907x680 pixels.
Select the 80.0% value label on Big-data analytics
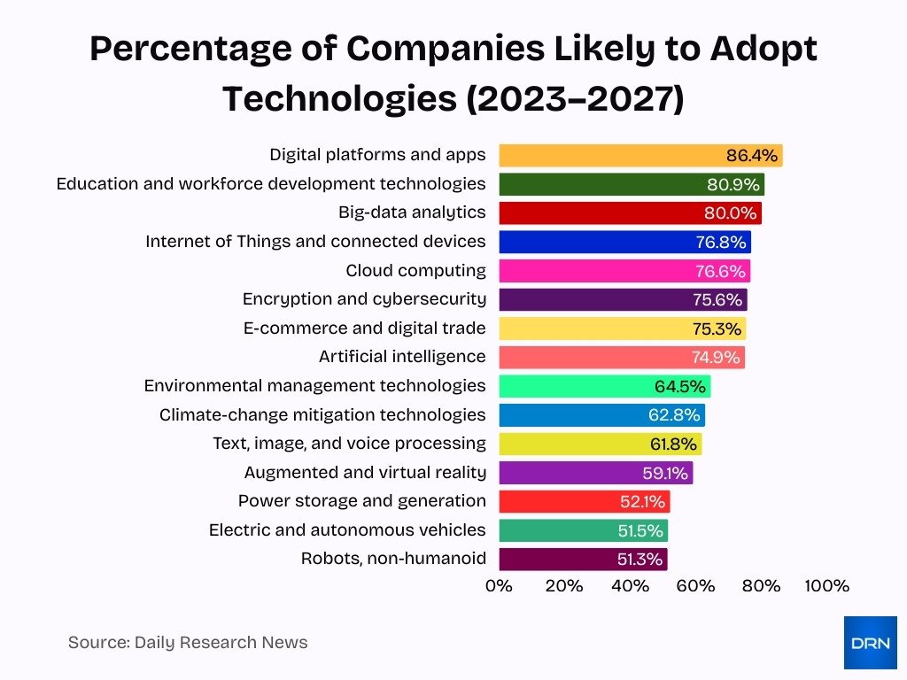click(731, 213)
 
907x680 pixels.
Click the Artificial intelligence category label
click(402, 357)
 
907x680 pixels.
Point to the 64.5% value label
click(680, 386)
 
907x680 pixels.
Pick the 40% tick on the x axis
click(630, 586)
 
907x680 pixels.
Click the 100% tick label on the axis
click(826, 586)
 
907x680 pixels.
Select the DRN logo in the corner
click(870, 643)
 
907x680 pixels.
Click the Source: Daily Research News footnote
click(188, 643)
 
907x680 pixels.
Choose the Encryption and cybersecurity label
click(364, 299)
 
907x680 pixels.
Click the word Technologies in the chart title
click(339, 99)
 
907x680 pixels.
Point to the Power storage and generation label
click(361, 501)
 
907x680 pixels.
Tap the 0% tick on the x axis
click(499, 586)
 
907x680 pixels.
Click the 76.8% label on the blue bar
click(721, 243)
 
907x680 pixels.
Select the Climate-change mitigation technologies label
click(322, 414)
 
